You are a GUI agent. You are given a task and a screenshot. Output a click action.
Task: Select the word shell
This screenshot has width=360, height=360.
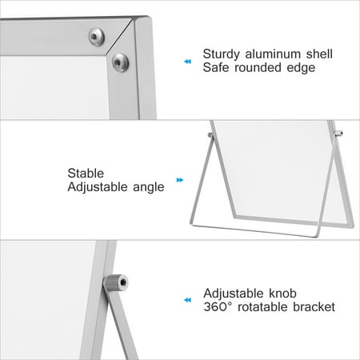(x=318, y=54)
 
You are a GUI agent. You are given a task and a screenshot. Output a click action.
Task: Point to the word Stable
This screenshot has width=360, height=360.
(x=86, y=172)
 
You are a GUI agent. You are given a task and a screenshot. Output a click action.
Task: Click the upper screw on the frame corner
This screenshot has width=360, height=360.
(x=96, y=35)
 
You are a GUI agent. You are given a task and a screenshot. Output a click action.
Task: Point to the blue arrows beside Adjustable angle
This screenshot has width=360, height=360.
(x=180, y=180)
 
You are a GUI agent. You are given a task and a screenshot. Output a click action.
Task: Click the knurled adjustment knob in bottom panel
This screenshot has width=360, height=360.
(x=120, y=282)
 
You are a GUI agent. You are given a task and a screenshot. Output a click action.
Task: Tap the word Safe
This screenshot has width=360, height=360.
(x=217, y=68)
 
